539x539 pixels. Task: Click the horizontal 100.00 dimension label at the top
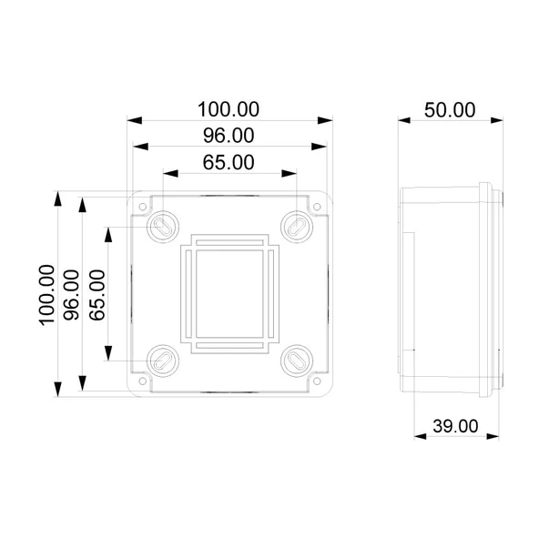tap(229, 108)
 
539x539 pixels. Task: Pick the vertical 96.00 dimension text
tap(73, 293)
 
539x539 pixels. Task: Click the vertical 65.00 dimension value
tap(98, 293)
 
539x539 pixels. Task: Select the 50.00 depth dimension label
tap(450, 109)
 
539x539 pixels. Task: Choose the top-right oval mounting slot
tap(296, 225)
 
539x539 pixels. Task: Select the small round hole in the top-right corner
tap(316, 208)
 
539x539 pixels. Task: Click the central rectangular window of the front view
tap(229, 292)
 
